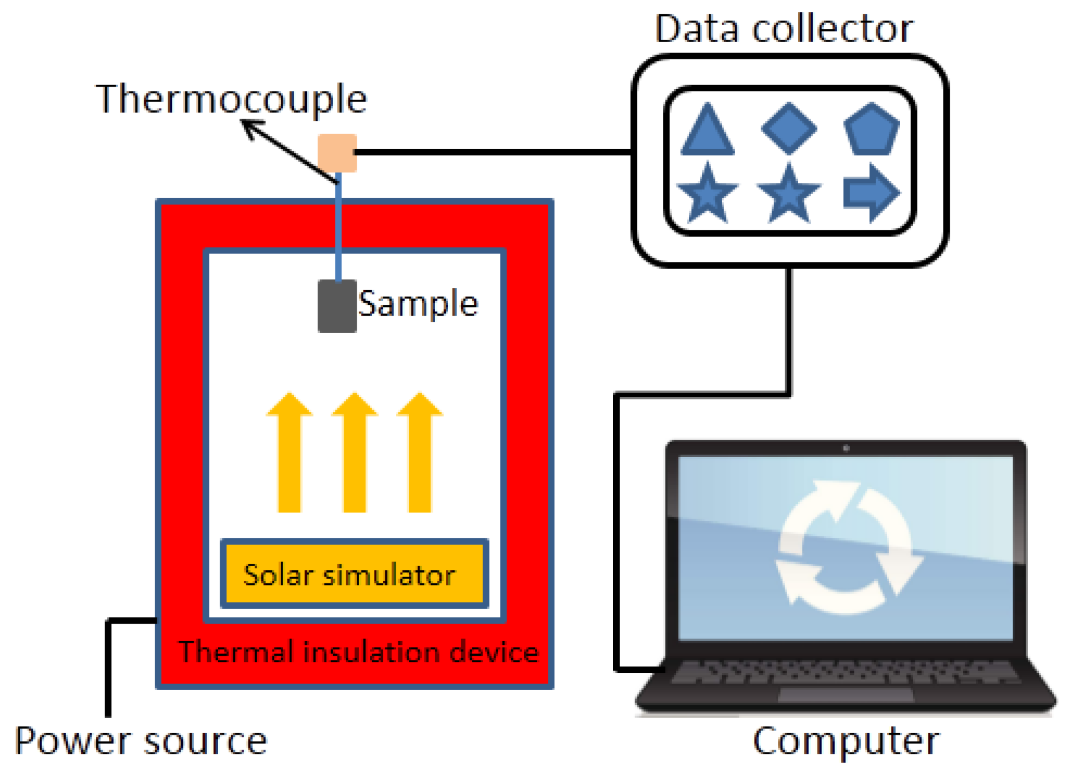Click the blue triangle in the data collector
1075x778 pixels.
(x=707, y=132)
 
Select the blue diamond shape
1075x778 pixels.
(x=789, y=128)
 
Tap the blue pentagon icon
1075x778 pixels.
(x=871, y=129)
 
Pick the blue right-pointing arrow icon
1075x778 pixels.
(x=871, y=193)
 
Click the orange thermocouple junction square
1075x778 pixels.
(x=337, y=153)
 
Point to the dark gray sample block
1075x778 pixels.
(x=337, y=306)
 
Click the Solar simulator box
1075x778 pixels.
(x=354, y=574)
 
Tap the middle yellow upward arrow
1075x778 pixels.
(x=354, y=452)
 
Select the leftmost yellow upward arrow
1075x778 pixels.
(x=289, y=452)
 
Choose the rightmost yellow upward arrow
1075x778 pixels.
(x=420, y=452)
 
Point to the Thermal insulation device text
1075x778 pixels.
(x=359, y=652)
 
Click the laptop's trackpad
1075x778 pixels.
(x=845, y=695)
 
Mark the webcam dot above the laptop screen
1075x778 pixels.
(x=846, y=448)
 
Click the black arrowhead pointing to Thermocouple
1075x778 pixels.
(x=252, y=129)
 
